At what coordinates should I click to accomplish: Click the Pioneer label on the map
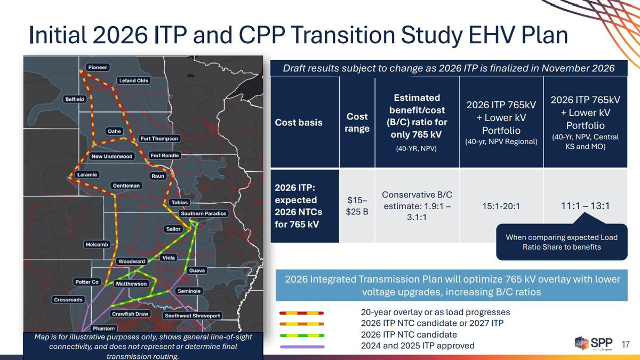[x=98, y=67]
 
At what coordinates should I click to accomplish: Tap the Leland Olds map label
[x=133, y=81]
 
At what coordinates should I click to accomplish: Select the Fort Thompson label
[x=159, y=139]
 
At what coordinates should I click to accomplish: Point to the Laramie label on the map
[x=87, y=174]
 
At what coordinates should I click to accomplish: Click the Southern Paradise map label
[x=203, y=213]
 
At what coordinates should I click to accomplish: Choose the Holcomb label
[x=97, y=245]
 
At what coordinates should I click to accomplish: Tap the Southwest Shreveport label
[x=193, y=316]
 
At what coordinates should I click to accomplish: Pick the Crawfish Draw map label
[x=130, y=314]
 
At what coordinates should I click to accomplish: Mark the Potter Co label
[x=87, y=282]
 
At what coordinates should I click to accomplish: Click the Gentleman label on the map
[x=126, y=186]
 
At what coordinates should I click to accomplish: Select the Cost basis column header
[x=299, y=122]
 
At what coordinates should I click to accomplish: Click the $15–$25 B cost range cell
[x=357, y=206]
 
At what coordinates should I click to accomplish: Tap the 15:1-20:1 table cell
[x=501, y=206]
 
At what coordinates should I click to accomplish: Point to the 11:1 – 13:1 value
[x=585, y=206]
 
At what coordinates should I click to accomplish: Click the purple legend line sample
[x=302, y=347]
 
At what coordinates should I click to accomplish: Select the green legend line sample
[x=302, y=335]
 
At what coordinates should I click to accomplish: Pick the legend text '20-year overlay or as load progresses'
[x=435, y=312]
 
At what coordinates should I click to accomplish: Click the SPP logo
[x=594, y=343]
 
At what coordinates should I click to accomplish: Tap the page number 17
[x=626, y=345]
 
